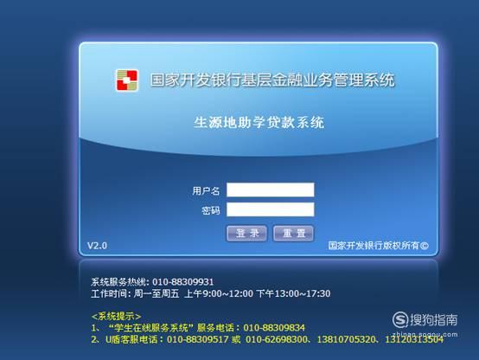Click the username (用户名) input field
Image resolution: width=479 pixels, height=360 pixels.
click(271, 190)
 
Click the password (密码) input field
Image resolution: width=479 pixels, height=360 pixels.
click(271, 209)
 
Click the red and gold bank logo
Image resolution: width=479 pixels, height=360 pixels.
click(127, 80)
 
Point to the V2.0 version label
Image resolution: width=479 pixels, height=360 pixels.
click(97, 246)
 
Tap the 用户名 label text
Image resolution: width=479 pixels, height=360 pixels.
click(206, 191)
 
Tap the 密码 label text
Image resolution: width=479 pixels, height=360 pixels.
click(210, 210)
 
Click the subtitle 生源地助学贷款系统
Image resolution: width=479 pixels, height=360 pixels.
click(259, 122)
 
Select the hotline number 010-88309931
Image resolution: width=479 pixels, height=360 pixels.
click(183, 282)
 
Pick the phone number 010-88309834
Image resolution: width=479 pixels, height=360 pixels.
click(274, 328)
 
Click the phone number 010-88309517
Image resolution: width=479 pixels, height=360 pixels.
click(198, 339)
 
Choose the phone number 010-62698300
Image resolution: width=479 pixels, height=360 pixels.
click(277, 339)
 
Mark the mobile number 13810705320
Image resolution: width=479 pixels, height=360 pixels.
click(347, 339)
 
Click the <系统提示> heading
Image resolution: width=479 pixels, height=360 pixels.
click(116, 316)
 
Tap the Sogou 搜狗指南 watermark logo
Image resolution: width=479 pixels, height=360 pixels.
click(425, 319)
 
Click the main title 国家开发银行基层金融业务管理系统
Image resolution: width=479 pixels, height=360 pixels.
click(272, 80)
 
